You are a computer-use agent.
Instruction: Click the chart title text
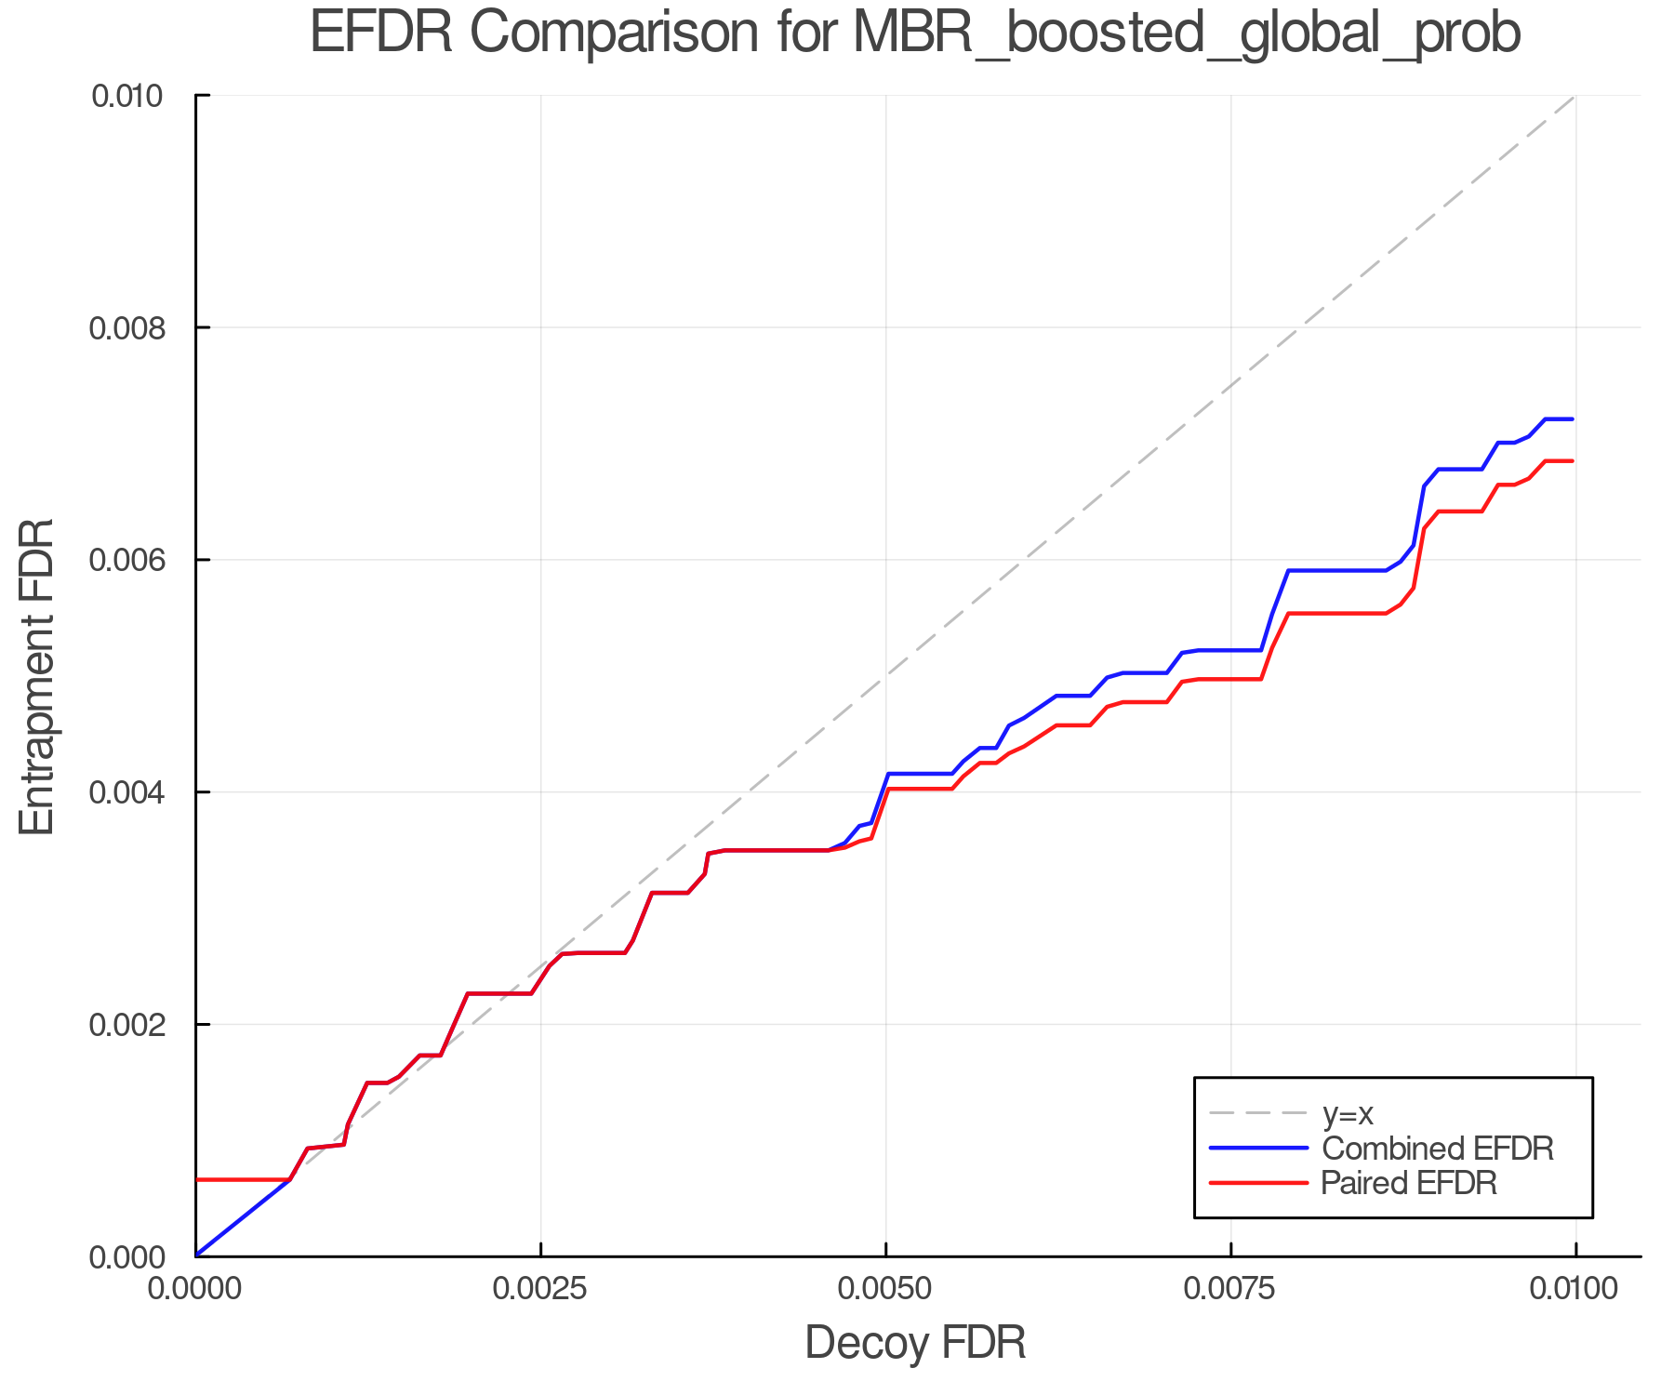914,33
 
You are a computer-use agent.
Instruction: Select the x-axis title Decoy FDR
915,1342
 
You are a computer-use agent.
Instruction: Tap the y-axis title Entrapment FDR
37,676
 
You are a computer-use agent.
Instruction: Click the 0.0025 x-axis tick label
541,1289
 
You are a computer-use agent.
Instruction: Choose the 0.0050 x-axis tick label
886,1289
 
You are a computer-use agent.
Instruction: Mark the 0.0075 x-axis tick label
1231,1289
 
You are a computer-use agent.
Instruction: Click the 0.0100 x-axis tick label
1575,1289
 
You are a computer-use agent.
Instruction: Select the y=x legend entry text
1348,1113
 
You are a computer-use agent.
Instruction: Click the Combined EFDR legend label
1437,1149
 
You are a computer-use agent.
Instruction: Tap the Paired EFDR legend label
1409,1183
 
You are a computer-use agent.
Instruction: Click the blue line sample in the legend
1258,1149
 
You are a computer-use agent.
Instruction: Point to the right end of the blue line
1573,419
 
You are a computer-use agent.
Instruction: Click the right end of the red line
1573,461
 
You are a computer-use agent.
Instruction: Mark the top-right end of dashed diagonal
1574,96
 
